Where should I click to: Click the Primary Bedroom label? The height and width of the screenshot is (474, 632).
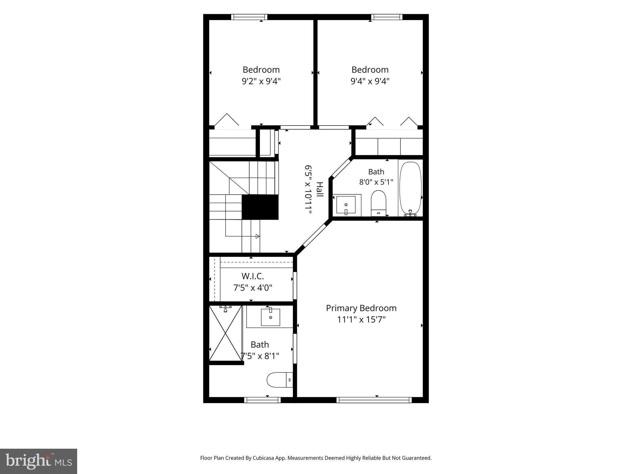361,308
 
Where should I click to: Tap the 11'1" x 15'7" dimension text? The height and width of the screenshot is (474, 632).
361,319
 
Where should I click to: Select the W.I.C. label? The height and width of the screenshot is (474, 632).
253,276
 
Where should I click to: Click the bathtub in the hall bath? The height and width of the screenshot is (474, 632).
410,188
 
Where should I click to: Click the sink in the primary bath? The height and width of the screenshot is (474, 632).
270,317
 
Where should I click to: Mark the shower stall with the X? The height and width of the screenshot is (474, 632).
226,333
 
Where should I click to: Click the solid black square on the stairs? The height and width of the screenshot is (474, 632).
260,207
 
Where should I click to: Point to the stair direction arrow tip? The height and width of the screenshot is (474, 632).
259,236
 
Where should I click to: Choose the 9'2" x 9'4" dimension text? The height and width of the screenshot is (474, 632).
261,81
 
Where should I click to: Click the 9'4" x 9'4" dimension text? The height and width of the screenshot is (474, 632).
370,81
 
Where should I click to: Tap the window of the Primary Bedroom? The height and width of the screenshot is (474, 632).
374,400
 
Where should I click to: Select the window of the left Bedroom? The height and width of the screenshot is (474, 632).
249,17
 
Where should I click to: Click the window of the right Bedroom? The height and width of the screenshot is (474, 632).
387,17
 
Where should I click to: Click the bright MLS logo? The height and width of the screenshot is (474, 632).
39,461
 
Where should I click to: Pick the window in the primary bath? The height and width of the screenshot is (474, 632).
262,400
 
